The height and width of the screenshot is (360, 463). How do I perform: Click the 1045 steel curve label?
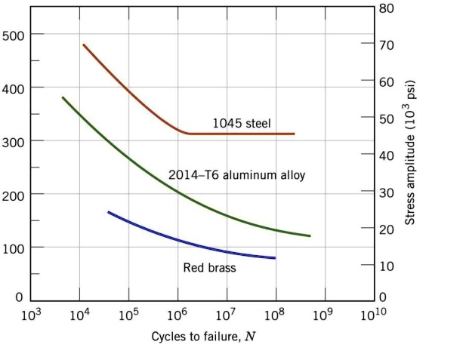241,123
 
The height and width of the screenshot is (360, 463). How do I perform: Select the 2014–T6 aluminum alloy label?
236,175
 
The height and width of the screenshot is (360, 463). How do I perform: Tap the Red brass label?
209,267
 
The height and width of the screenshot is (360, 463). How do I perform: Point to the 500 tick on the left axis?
13,35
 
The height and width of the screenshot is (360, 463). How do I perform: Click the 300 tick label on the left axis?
13,141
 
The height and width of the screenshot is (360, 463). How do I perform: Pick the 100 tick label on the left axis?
13,248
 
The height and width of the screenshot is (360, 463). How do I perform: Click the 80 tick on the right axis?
386,8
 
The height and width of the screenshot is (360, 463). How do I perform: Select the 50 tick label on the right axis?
386,118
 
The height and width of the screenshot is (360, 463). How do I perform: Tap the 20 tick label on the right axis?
386,229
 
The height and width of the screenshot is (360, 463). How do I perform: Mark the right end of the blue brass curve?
275,258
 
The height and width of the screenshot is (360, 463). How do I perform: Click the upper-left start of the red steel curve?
83,45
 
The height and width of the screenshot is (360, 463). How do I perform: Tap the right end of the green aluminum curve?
310,236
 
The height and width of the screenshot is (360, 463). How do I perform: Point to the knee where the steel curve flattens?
187,134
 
